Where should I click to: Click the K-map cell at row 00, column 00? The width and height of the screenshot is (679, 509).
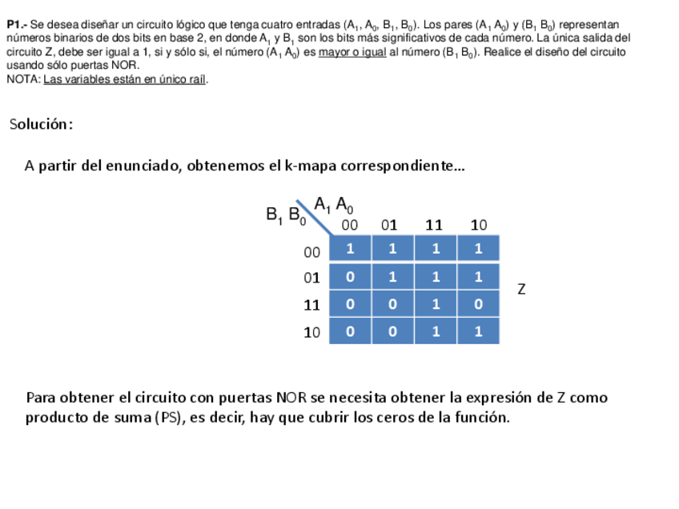(350, 249)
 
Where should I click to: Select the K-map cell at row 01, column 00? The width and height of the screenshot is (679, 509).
(350, 277)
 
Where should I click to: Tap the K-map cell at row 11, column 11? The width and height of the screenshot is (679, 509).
(436, 304)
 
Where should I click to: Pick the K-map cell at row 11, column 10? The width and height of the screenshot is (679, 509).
(478, 304)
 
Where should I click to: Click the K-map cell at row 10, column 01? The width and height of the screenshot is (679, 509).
(392, 331)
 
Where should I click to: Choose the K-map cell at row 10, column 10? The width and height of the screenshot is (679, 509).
(478, 331)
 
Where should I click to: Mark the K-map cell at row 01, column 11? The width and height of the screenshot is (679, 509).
(436, 277)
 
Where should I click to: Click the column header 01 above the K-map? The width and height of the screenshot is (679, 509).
(389, 225)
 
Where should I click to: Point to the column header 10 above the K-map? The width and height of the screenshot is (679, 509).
(478, 225)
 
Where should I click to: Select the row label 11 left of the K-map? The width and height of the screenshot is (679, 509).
(311, 305)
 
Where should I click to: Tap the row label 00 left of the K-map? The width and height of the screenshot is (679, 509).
(311, 252)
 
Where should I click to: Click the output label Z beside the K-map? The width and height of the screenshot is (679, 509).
(521, 289)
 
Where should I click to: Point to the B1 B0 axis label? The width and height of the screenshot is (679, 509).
(285, 215)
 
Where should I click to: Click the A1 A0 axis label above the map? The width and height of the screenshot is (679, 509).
(333, 205)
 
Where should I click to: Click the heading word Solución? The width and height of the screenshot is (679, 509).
(41, 124)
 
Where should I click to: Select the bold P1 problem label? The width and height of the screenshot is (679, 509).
(16, 26)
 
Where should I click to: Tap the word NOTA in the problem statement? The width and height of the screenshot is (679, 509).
(21, 79)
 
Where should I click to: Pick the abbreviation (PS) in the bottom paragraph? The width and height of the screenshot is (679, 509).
(166, 418)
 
